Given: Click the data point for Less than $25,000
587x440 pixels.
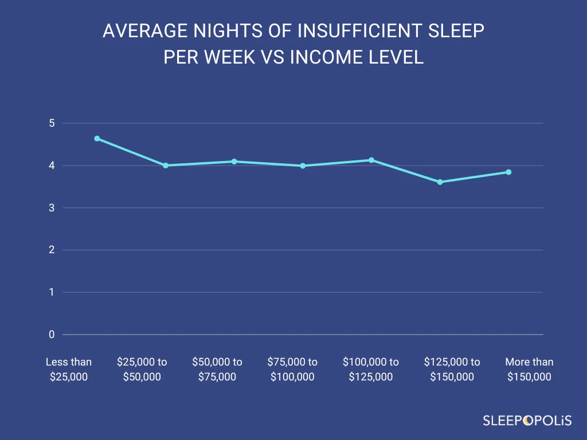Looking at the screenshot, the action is coord(97,139).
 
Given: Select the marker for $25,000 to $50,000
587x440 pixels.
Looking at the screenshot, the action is coord(165,166).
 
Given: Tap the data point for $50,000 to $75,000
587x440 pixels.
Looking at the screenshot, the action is coord(234,162).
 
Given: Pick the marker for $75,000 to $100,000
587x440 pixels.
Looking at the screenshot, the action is coord(303,166).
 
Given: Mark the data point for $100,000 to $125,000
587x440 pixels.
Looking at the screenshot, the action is coord(371,160).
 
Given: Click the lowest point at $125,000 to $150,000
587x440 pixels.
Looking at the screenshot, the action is coord(440,182).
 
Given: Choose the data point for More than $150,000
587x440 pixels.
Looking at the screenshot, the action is coord(508,172).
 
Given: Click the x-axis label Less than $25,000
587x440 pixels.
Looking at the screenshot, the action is coord(69,370).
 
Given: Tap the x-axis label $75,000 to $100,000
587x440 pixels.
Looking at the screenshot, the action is coord(292,370).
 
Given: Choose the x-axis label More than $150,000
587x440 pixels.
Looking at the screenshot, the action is coord(529,370).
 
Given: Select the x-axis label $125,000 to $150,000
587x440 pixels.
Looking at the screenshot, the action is coord(452,370).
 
